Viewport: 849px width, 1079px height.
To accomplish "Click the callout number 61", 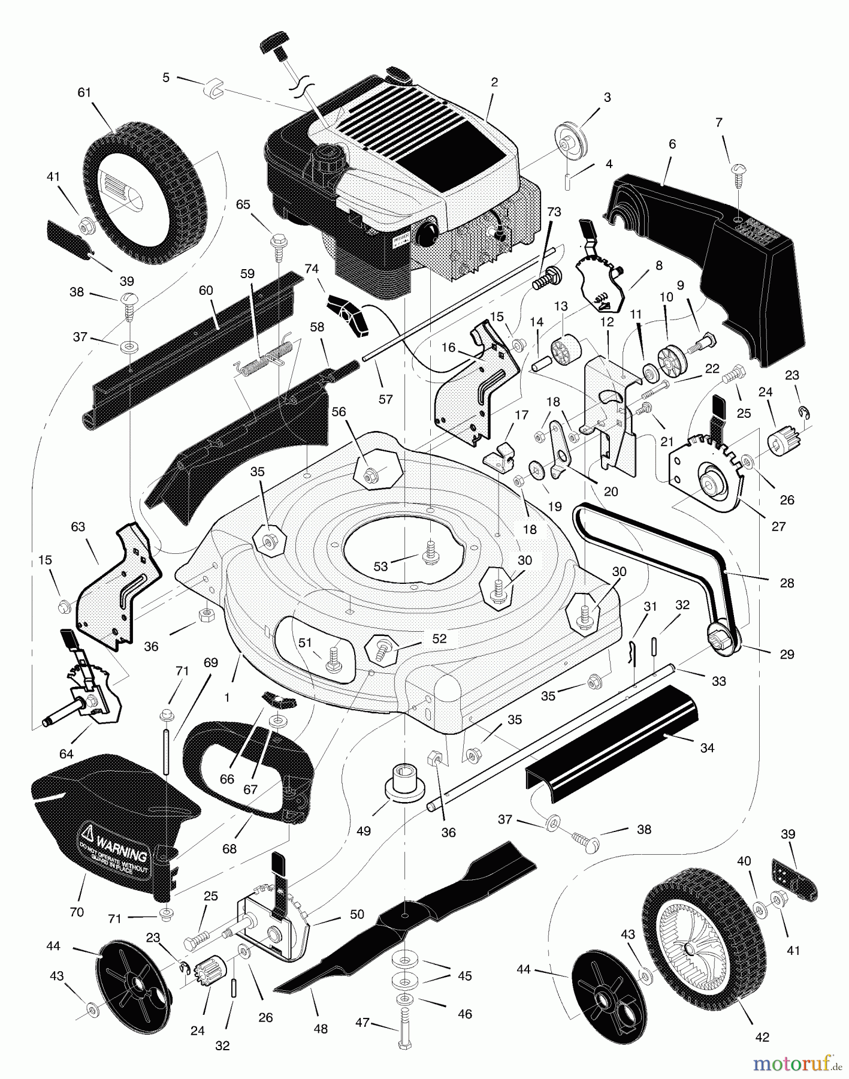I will coord(84,92).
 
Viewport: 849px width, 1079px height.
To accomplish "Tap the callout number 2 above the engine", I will coord(494,83).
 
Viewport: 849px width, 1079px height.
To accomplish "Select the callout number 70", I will coord(76,913).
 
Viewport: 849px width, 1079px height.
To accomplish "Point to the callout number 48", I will coord(321,1029).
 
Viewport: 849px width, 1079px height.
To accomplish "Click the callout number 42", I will coord(762,1037).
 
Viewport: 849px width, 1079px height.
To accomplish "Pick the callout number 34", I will coord(707,748).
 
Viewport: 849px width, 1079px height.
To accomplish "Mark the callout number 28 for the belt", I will coord(787,582).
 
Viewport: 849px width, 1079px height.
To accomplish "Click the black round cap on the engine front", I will coord(428,232).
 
